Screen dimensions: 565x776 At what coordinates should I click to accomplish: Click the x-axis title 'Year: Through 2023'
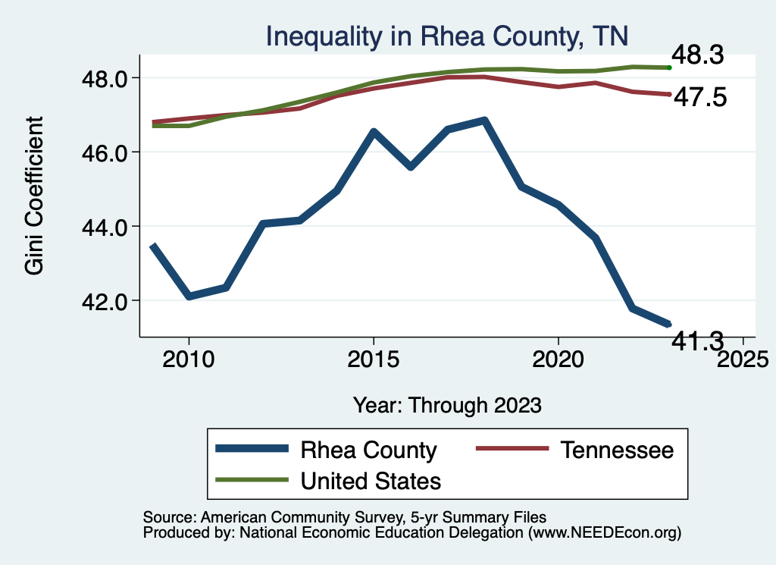[447, 405]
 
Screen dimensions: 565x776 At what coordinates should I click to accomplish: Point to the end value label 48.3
[699, 56]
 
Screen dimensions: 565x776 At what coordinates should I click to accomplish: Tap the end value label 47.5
[699, 98]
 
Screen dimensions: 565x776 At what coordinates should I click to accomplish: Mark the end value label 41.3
[699, 342]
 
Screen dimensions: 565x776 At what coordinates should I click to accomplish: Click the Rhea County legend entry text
[369, 450]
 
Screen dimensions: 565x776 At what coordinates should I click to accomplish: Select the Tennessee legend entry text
[617, 450]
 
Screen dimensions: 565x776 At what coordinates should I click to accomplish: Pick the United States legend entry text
[371, 480]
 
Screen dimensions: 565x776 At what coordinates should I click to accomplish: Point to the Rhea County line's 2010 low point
[189, 296]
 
